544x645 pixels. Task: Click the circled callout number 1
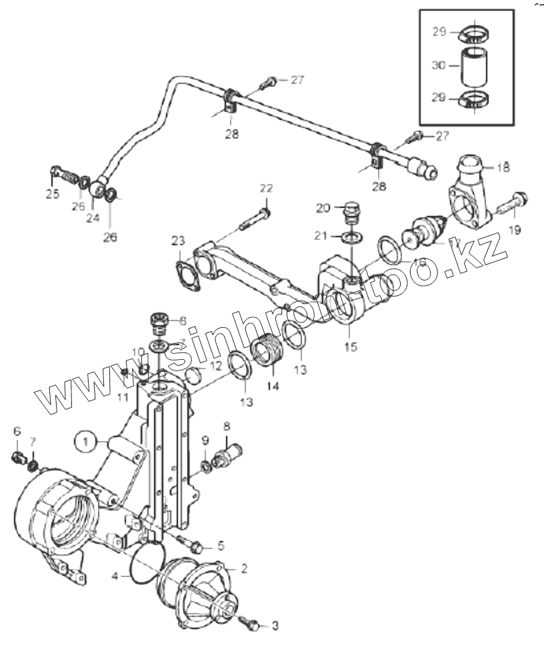coord(85,440)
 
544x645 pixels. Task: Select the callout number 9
coord(205,440)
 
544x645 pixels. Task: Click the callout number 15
coord(351,346)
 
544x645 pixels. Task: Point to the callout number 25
coord(52,195)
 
